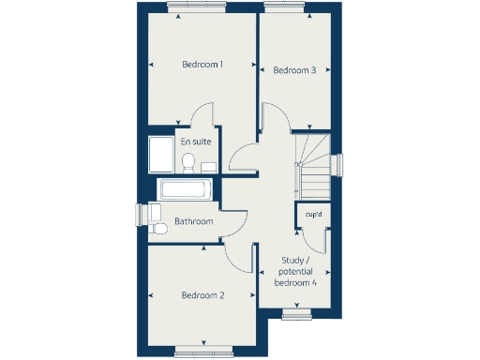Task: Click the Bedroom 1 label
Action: click(x=202, y=65)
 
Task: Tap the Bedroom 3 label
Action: click(x=293, y=69)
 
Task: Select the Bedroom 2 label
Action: click(x=202, y=295)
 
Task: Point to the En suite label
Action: click(x=196, y=142)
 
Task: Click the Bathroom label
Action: click(x=194, y=222)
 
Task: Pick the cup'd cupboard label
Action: click(x=313, y=215)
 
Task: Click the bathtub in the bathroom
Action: click(x=187, y=189)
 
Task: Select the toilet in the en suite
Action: click(x=187, y=164)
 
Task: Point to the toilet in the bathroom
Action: click(x=157, y=228)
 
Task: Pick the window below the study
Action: click(x=297, y=314)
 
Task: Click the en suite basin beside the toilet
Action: click(x=208, y=166)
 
